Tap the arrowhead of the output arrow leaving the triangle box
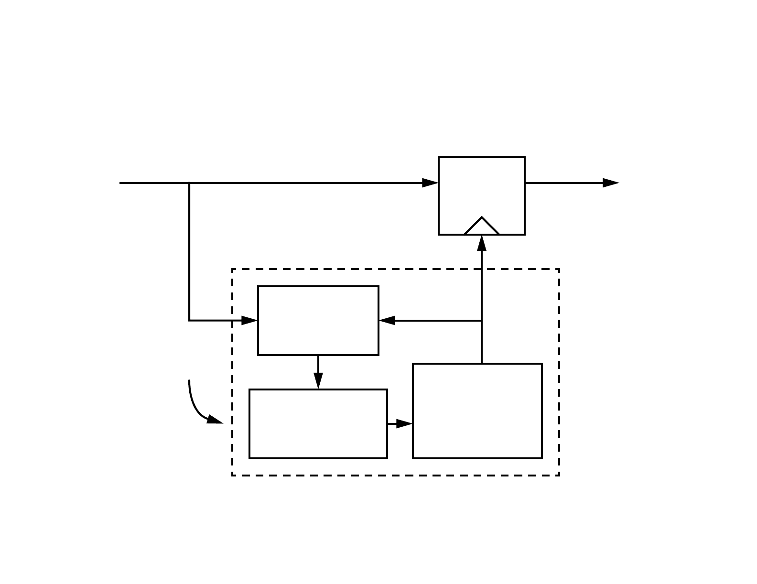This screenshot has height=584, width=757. pyautogui.click(x=612, y=183)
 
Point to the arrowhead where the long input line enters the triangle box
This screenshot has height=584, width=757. pyautogui.click(x=431, y=183)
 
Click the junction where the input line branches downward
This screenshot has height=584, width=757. pyautogui.click(x=189, y=183)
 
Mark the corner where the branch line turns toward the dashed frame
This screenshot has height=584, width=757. pyautogui.click(x=189, y=320)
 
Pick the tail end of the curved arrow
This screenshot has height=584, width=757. pyautogui.click(x=189, y=380)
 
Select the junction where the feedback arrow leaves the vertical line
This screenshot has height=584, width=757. pyautogui.click(x=482, y=320)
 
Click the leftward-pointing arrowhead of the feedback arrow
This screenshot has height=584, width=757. pyautogui.click(x=387, y=320)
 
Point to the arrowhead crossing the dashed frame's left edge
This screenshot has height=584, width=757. pyautogui.click(x=249, y=320)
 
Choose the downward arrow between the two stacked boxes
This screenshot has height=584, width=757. pyautogui.click(x=318, y=373)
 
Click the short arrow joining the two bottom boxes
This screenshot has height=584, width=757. pyautogui.click(x=400, y=424)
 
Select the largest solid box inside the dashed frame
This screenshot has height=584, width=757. pyautogui.click(x=477, y=411)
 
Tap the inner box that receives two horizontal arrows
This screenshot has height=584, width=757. pyautogui.click(x=318, y=321)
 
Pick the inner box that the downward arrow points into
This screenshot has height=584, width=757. pyautogui.click(x=318, y=424)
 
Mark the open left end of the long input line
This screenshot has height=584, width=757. pyautogui.click(x=120, y=183)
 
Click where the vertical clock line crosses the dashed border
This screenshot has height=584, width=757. pyautogui.click(x=482, y=270)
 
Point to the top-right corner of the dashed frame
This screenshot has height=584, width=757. pyautogui.click(x=559, y=270)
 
